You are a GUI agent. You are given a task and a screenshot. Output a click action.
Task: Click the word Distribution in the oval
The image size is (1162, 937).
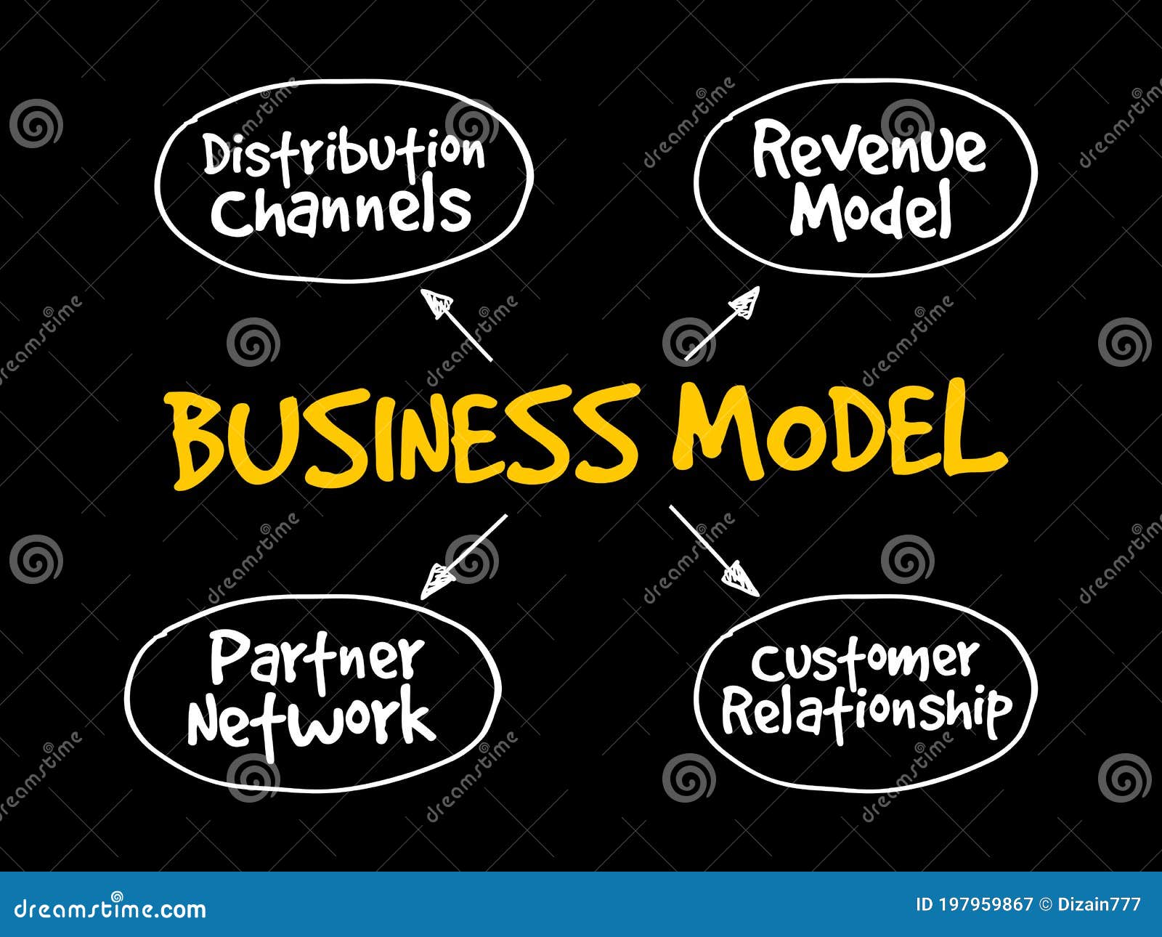pyautogui.click(x=343, y=153)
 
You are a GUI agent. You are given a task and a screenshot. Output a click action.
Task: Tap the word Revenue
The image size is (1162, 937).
pyautogui.click(x=869, y=150)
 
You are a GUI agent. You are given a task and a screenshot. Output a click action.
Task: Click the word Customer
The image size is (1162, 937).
pyautogui.click(x=864, y=661)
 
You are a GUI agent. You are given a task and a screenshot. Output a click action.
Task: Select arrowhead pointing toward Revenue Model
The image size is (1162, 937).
pyautogui.click(x=745, y=302)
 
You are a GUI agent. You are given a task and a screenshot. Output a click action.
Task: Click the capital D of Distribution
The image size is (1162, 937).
pyautogui.click(x=216, y=154)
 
